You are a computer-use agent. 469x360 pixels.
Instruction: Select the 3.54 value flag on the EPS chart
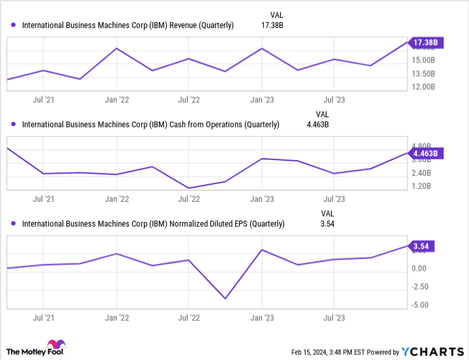423,246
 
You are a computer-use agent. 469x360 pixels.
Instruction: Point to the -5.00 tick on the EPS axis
420,306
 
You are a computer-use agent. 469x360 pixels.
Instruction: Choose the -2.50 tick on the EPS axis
420,287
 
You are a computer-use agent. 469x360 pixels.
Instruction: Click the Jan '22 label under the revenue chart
117,100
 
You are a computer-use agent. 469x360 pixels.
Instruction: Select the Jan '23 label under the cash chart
261,199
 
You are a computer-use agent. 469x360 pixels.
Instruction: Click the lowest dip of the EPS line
225,299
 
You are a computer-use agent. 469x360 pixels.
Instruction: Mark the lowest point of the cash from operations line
190,188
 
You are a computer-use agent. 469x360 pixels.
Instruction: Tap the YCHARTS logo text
432,351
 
